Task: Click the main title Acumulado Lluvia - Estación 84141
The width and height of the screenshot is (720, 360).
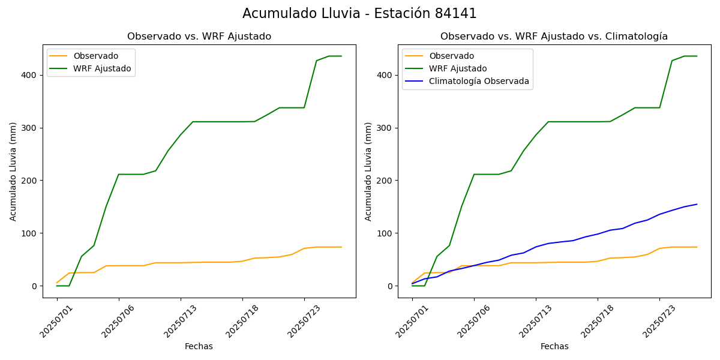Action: point(359,13)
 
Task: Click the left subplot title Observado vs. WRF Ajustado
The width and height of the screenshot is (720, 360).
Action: point(199,37)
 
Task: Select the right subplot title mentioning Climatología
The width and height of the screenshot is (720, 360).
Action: point(554,37)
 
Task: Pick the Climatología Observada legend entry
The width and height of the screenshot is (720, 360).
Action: point(479,81)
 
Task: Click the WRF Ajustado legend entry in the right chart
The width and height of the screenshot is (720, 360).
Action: point(458,68)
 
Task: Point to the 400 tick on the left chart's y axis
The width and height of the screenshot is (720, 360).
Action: point(30,75)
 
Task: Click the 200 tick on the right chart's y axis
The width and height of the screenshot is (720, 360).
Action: point(385,181)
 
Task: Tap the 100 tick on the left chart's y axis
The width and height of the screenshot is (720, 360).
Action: point(30,233)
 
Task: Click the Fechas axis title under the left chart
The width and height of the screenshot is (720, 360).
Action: point(199,346)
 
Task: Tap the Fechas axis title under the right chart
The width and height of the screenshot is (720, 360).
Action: point(554,346)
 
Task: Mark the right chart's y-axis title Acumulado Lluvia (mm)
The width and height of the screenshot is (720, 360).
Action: point(369,171)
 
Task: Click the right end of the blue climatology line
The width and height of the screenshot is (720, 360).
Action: point(697,204)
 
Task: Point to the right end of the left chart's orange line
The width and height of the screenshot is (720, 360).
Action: point(341,247)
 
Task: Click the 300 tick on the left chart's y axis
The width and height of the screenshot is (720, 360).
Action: point(30,128)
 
